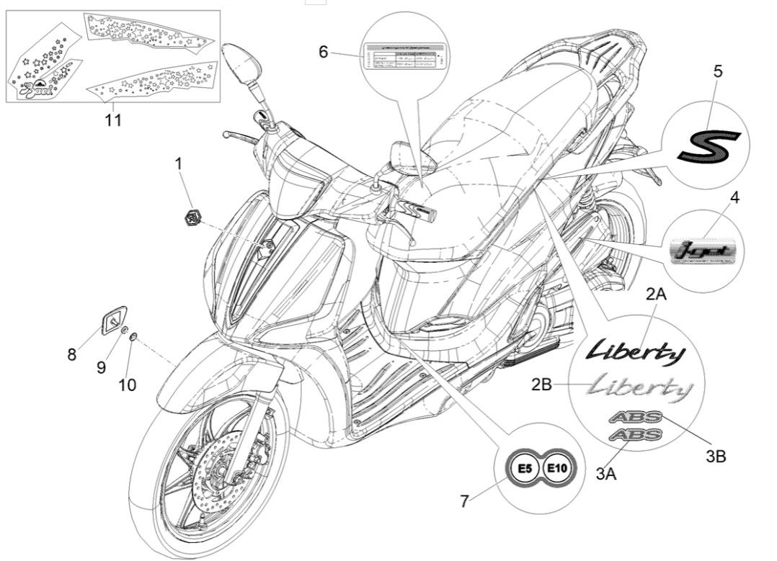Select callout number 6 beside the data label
(323, 52)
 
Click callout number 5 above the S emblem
(717, 71)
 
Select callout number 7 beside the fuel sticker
(465, 501)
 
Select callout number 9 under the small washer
(101, 367)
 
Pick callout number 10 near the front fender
(127, 385)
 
